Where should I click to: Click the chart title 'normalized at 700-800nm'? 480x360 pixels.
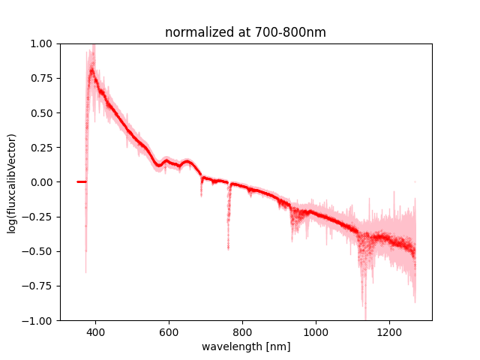pos(245,33)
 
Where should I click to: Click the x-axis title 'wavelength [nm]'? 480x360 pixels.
pos(245,346)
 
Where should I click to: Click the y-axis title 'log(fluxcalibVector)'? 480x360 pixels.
pos(12,182)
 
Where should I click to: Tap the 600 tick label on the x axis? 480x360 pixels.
pos(169,331)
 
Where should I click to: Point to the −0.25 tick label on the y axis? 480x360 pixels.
pos(40,217)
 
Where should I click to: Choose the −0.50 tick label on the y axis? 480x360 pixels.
pos(40,251)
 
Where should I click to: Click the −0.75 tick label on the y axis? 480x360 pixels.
pos(40,286)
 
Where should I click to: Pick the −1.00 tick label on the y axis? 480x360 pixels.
pos(40,320)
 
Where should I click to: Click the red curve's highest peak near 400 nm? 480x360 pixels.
pos(92,70)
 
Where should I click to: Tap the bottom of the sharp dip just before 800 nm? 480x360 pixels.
pos(228,246)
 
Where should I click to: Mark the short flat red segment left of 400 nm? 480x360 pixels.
pos(81,181)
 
